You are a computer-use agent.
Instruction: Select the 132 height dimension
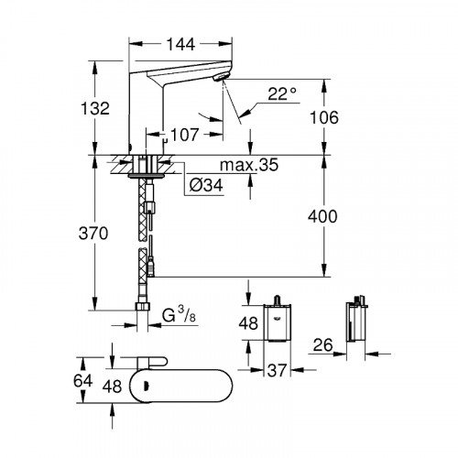[94, 107]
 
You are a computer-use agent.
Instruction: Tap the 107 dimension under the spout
[183, 135]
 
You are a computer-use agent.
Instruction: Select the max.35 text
[249, 166]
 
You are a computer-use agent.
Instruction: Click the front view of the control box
[278, 322]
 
